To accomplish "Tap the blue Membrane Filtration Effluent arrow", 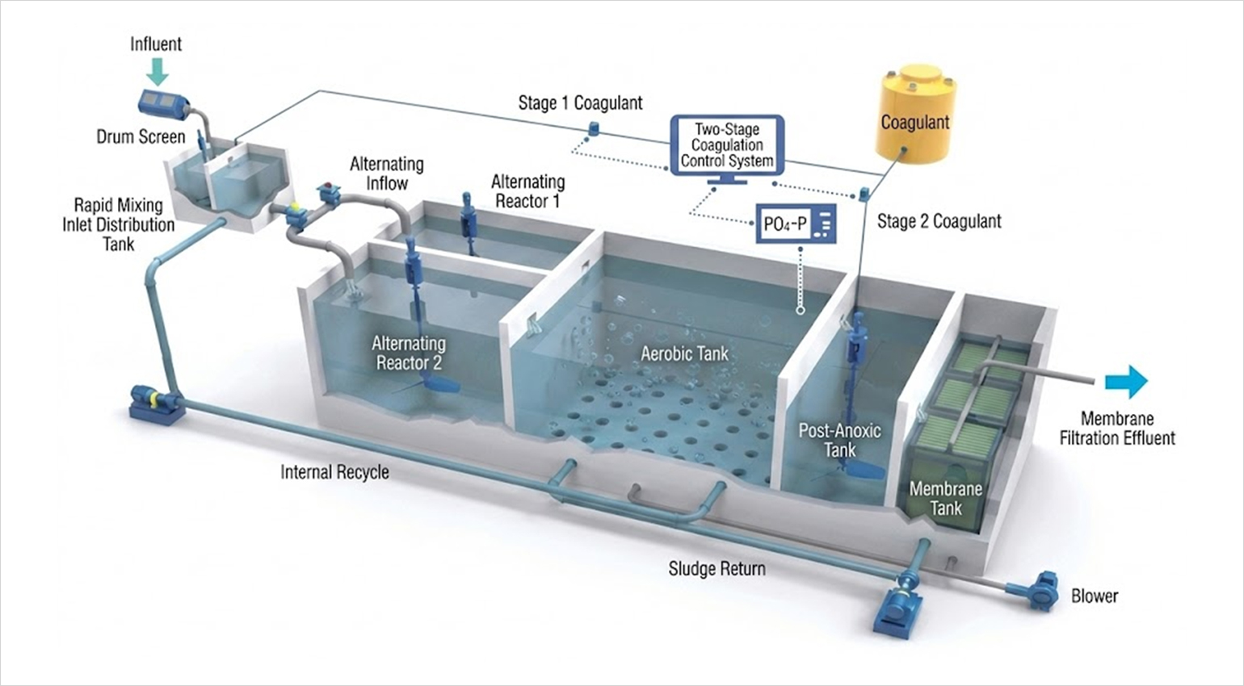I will pyautogui.click(x=1128, y=381).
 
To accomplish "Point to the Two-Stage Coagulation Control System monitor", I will pyautogui.click(x=727, y=145).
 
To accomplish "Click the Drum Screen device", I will pyautogui.click(x=164, y=102).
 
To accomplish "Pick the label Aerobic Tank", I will pyautogui.click(x=684, y=353).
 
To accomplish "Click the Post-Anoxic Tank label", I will pyautogui.click(x=839, y=440).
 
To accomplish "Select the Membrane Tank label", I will pyautogui.click(x=945, y=498).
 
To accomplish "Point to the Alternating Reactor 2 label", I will pyautogui.click(x=409, y=353).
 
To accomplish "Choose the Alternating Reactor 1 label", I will pyautogui.click(x=527, y=191).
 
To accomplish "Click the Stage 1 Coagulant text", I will pyautogui.click(x=580, y=102).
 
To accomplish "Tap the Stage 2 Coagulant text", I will pyautogui.click(x=939, y=221).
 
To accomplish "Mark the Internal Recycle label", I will pyautogui.click(x=334, y=471).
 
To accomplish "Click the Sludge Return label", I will pyautogui.click(x=717, y=568).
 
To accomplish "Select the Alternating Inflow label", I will pyautogui.click(x=386, y=174).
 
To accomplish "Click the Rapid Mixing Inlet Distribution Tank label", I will pyautogui.click(x=118, y=224).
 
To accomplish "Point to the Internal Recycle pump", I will pyautogui.click(x=157, y=402).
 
